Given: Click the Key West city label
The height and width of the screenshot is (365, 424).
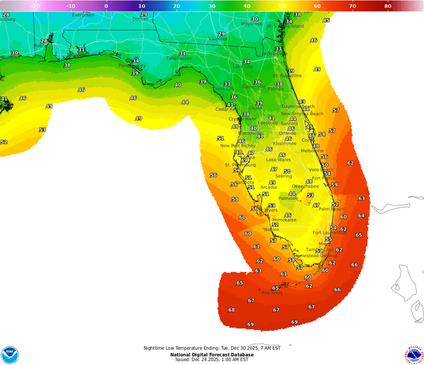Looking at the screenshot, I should click(x=272, y=293).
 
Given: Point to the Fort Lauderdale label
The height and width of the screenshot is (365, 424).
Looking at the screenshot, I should click(x=330, y=232).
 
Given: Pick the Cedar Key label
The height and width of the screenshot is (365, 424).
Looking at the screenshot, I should click(x=226, y=109).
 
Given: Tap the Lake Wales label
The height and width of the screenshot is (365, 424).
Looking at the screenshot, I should click(x=278, y=160).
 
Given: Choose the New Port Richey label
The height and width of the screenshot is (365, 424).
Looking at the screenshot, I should click(x=238, y=146).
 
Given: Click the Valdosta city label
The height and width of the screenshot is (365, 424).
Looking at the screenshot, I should click(x=218, y=39).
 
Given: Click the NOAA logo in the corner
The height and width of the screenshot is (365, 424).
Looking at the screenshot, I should click(x=9, y=355).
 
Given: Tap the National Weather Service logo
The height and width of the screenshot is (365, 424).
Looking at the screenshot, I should click(x=414, y=355).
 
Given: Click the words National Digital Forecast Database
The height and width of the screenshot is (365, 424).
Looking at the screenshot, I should click(x=212, y=355).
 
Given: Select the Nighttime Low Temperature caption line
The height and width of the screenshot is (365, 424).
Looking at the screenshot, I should click(x=212, y=348).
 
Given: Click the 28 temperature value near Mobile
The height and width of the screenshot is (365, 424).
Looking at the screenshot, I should click(x=44, y=41).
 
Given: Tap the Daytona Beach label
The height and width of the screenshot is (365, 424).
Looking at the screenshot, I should click(x=298, y=107).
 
